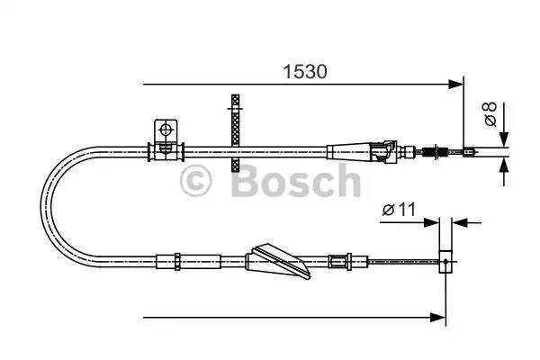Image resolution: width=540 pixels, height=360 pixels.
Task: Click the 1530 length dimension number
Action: click(307, 68)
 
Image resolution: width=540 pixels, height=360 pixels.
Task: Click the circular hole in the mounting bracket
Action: click(166, 130)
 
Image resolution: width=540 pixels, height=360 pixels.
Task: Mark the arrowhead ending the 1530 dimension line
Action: click(455, 85)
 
